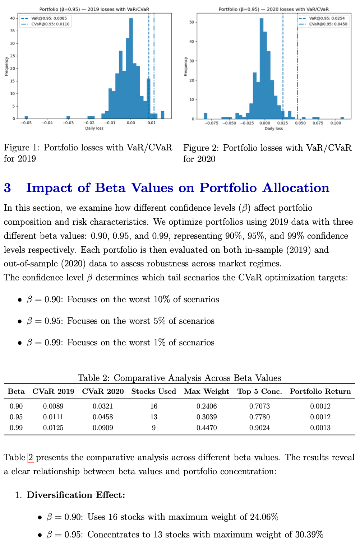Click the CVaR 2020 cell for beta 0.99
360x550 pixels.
pos(103,428)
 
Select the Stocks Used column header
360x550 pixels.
pos(153,391)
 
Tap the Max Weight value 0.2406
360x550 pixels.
pos(207,406)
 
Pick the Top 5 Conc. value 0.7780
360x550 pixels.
pos(259,417)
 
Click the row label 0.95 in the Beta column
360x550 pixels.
pos(16,417)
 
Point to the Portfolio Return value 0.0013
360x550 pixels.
pos(320,428)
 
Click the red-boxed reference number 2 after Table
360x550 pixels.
pos(31,457)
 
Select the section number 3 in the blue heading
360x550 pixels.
pos(8,188)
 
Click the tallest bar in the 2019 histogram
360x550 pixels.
pos(131,68)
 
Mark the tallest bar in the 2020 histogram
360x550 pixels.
pos(262,68)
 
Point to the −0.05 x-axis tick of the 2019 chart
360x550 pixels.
pos(26,123)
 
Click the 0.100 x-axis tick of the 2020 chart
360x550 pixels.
pos(336,123)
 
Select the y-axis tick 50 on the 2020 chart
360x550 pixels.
pos(192,22)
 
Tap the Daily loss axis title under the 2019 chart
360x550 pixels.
pos(94,128)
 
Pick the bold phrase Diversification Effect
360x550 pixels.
pos(76,495)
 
